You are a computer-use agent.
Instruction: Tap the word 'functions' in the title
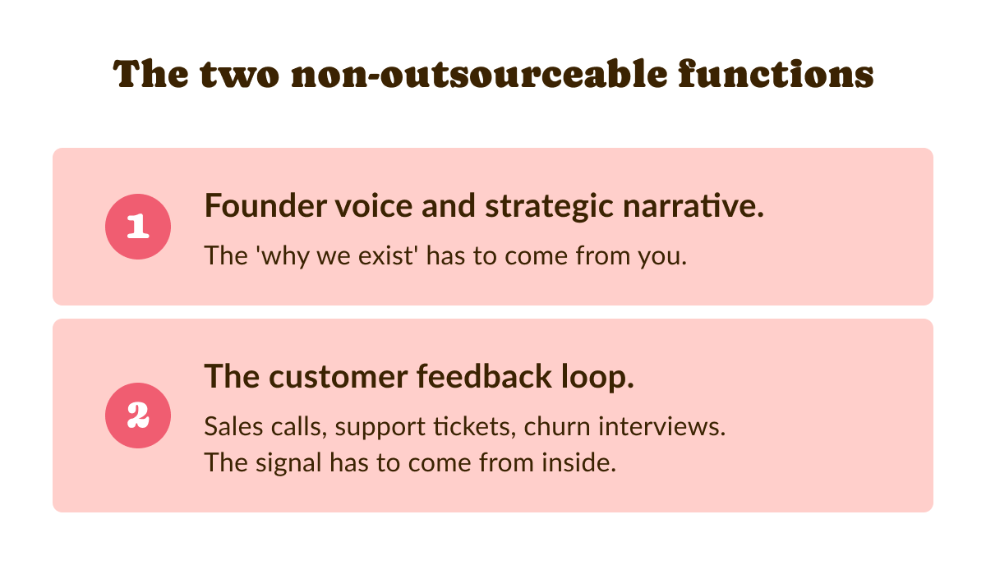776,74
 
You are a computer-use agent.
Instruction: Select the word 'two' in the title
239,75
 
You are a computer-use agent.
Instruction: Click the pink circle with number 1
138,227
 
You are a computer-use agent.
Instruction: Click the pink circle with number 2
138,416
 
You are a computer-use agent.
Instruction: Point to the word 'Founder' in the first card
265,205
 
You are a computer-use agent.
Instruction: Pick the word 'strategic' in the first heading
549,208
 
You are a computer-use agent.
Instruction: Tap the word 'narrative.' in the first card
693,205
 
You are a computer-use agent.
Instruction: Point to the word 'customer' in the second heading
338,378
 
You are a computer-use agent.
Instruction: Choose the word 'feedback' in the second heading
484,376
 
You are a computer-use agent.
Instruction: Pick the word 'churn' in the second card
557,426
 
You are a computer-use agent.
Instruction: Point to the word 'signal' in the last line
288,464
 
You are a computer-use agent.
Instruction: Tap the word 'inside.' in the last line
578,462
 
